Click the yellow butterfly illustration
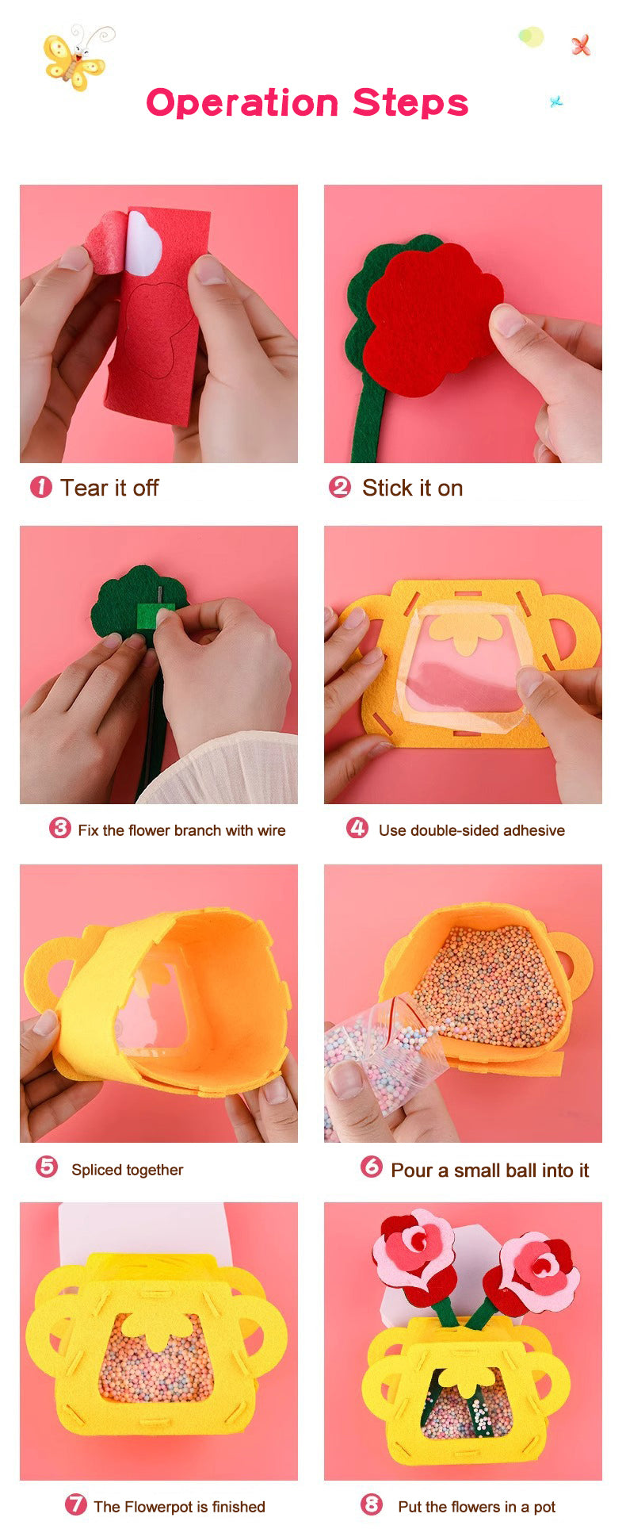[74, 58]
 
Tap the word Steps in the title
[410, 104]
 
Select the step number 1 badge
[41, 487]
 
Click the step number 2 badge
[340, 487]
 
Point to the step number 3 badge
[59, 828]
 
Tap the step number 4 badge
[357, 828]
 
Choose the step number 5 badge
[47, 1167]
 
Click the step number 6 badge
[372, 1167]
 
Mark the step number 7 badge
[75, 1504]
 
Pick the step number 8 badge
[372, 1504]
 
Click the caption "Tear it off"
[109, 488]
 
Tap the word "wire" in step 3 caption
[271, 830]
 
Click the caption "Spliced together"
[128, 1170]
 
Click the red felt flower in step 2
[433, 319]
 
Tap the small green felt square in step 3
[155, 615]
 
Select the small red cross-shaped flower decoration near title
[581, 45]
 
